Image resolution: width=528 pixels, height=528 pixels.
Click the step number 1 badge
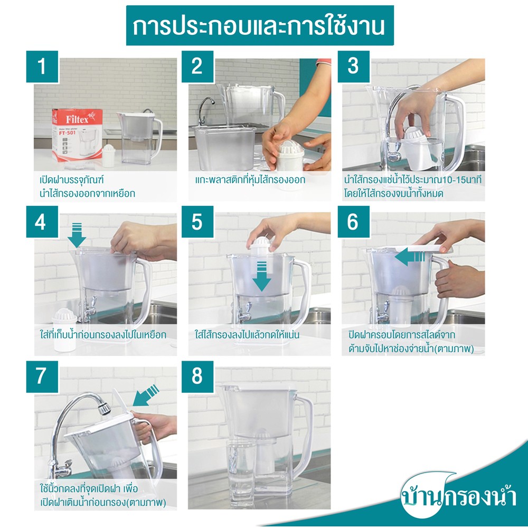coord(42,67)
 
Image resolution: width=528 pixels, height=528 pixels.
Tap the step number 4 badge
coord(42,222)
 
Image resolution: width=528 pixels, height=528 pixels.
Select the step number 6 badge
coord(354,222)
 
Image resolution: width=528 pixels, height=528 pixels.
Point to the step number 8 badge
coord(197,376)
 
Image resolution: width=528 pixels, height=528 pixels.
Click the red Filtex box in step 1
coord(77,134)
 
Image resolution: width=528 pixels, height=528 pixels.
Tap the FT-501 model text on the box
coord(68,133)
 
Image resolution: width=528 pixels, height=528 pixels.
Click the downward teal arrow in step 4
coord(77,235)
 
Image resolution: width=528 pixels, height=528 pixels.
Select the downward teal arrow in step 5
coord(262,276)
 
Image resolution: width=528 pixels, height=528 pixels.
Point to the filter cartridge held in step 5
coord(260,248)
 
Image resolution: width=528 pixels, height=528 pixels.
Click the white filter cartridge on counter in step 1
coord(108,156)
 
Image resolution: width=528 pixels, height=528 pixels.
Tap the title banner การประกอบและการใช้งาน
coord(260,25)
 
